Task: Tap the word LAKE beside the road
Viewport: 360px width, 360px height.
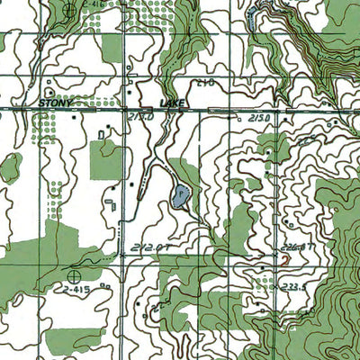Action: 171,104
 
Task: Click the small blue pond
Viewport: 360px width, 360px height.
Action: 183,194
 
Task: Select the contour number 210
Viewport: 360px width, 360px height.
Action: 204,83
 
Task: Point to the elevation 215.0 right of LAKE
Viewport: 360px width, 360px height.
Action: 259,118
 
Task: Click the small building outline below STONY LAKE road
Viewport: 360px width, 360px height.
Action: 100,134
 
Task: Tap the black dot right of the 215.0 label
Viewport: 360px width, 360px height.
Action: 285,118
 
